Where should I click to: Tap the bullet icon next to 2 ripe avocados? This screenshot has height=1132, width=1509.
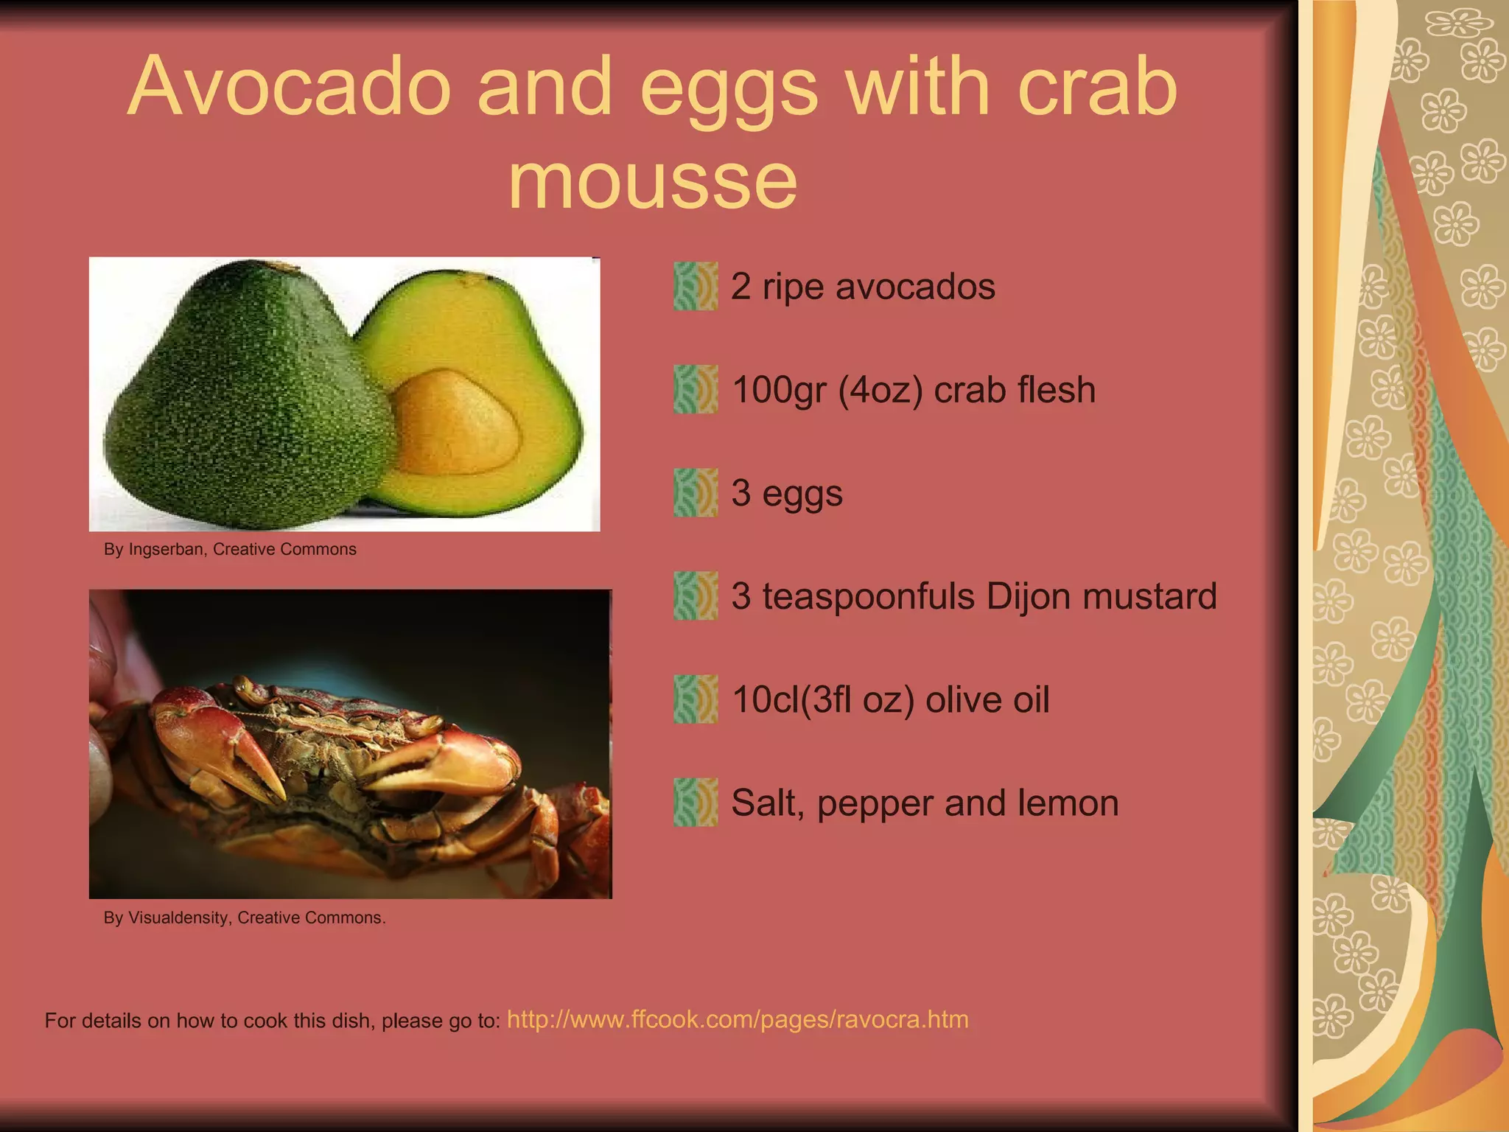click(x=695, y=286)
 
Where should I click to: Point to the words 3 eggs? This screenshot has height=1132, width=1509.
click(x=786, y=494)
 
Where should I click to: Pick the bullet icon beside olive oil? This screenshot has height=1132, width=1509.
click(x=695, y=699)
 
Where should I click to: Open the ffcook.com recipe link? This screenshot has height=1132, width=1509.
click(x=738, y=1020)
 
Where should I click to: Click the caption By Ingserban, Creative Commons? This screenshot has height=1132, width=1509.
click(x=230, y=550)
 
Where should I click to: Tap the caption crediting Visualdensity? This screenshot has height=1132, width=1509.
click(x=245, y=918)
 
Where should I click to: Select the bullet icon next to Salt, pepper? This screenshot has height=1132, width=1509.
click(x=695, y=803)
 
